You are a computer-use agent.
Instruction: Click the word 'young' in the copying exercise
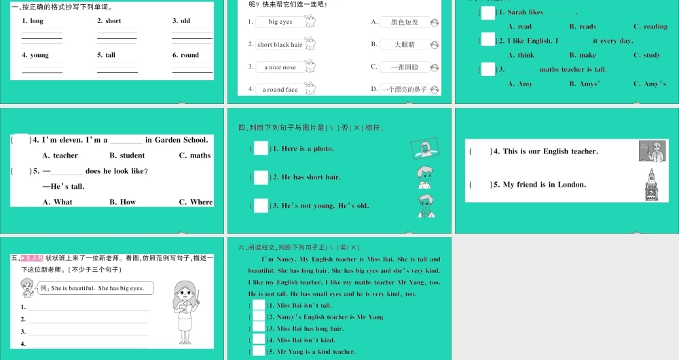[x=39, y=55]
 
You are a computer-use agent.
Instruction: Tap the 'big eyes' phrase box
[x=280, y=22]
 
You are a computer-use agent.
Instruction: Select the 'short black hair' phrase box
[x=280, y=45]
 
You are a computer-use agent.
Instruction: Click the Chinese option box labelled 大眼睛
[x=405, y=45]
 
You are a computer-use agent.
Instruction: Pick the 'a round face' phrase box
[x=280, y=89]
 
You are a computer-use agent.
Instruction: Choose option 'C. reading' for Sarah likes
[x=650, y=26]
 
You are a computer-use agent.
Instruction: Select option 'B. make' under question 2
[x=583, y=55]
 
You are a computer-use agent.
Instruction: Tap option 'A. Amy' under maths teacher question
[x=520, y=84]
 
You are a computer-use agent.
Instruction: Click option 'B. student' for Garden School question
[x=128, y=156]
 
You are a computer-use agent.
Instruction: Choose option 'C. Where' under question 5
[x=196, y=202]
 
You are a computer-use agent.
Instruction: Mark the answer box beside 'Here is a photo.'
[x=261, y=148]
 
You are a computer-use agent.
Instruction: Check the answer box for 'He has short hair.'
[x=261, y=177]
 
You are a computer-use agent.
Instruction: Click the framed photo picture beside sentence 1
[x=425, y=149]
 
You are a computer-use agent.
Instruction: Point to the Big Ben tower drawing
[x=653, y=184]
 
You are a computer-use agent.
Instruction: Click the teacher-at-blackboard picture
[x=652, y=151]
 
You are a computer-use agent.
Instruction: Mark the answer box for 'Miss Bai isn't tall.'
[x=259, y=306]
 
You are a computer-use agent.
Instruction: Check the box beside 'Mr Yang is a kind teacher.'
[x=259, y=351]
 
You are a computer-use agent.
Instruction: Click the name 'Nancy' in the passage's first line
[x=283, y=259]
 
